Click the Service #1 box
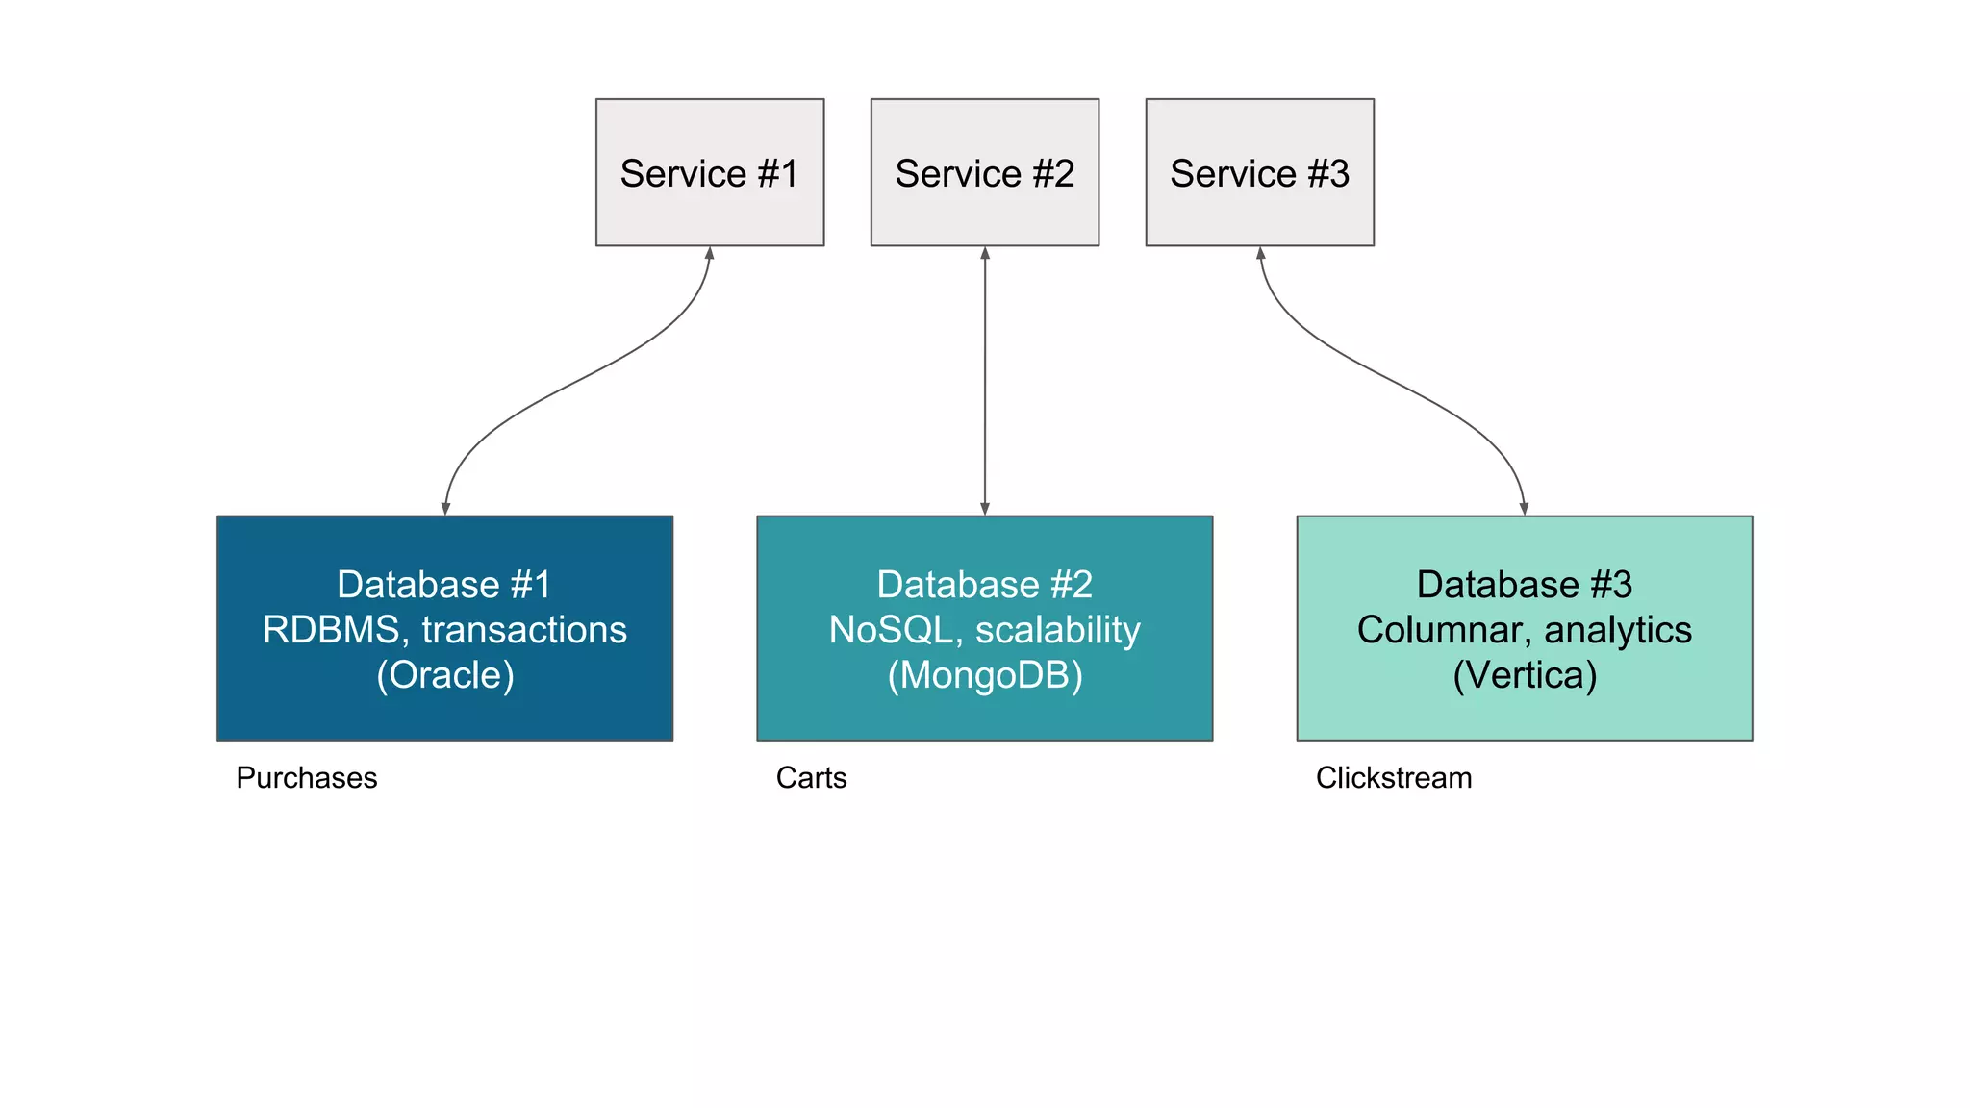pos(710,172)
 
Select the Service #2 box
pos(985,172)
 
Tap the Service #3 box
pos(1260,172)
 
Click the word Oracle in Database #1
pos(445,675)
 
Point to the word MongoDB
pos(985,675)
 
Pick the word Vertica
pos(1525,675)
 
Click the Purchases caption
pos(307,777)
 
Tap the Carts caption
pos(811,777)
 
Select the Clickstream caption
pos(1394,777)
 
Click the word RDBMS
pos(330,630)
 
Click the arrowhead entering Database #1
pos(445,509)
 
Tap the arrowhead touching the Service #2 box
pos(985,254)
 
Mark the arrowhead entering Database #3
pos(1525,509)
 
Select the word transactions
pos(524,630)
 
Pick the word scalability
pos(1057,630)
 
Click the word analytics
pos(1618,630)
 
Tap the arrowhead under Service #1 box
pos(710,254)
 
